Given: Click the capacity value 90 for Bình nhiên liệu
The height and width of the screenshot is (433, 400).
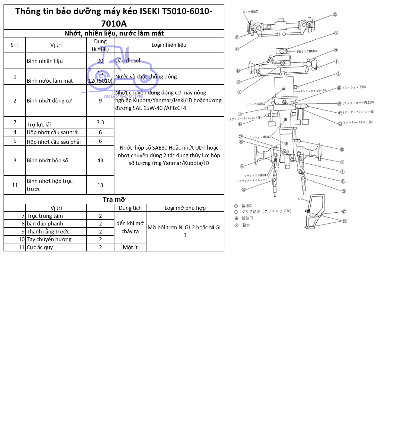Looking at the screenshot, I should click(100, 61).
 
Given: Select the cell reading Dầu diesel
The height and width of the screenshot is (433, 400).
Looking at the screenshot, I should click(128, 61).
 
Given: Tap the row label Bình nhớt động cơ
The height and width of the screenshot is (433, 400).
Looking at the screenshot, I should click(49, 101).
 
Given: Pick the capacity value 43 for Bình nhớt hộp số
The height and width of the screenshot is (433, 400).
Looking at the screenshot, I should click(100, 160).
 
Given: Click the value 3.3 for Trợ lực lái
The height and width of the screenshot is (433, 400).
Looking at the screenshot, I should click(100, 122).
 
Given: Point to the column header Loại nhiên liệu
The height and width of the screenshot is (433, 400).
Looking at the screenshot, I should click(169, 45).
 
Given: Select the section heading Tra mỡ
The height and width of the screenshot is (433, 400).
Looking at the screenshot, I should click(114, 200).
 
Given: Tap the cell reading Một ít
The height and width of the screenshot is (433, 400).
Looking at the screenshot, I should click(130, 247).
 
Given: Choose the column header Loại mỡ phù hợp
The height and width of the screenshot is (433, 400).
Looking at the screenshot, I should click(185, 208).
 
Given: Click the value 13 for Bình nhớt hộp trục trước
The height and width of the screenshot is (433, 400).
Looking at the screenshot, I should click(100, 185).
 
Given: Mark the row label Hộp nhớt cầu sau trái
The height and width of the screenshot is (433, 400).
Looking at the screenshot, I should click(53, 132).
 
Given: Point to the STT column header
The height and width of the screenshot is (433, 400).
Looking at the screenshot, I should click(15, 45).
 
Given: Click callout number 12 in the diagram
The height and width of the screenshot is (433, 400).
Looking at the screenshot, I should click(335, 14).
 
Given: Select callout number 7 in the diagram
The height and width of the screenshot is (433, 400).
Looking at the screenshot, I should click(336, 33).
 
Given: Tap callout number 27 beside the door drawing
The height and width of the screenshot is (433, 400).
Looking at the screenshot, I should click(344, 211).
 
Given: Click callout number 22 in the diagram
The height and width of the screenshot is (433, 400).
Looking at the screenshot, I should click(344, 191).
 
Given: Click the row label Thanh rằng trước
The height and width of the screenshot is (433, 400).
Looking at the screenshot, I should click(48, 232).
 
